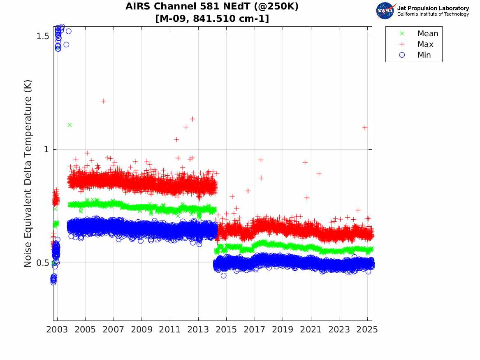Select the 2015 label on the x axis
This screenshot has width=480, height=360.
[226, 330]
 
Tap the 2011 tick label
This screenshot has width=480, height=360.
[170, 330]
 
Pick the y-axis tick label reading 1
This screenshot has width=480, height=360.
[46, 149]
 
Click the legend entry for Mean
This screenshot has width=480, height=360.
[427, 34]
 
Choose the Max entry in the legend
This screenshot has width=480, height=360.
[425, 44]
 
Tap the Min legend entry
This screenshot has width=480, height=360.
[424, 55]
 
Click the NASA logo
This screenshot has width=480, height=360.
[385, 11]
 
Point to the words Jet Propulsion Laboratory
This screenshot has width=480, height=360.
[433, 8]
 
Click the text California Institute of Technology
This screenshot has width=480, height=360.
[433, 14]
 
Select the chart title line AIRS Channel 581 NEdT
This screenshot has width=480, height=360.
[212, 7]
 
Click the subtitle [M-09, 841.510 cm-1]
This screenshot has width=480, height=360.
[212, 19]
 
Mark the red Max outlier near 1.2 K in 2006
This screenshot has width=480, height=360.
[104, 101]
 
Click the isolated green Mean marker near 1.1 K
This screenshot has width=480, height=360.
[70, 125]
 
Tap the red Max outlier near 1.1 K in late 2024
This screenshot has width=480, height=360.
[364, 128]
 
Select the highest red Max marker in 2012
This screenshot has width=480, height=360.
[192, 119]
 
